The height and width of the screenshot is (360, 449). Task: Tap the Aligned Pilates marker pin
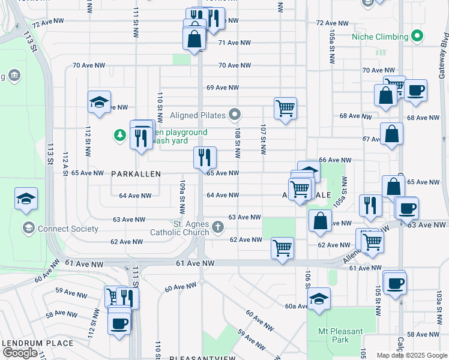(x=236, y=115)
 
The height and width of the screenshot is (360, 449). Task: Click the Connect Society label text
(x=68, y=229)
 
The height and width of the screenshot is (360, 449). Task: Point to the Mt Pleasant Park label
(x=340, y=335)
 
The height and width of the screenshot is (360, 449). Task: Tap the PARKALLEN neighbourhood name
(x=136, y=173)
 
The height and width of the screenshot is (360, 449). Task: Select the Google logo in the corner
(x=20, y=353)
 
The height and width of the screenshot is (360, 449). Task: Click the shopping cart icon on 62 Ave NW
(x=282, y=247)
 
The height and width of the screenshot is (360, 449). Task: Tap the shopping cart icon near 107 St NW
(x=286, y=109)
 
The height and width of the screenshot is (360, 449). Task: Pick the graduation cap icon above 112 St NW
(x=99, y=102)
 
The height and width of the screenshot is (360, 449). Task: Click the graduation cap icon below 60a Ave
(x=319, y=299)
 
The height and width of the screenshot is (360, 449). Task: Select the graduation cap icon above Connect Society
(x=26, y=199)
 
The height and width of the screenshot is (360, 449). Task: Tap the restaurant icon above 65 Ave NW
(x=205, y=158)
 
